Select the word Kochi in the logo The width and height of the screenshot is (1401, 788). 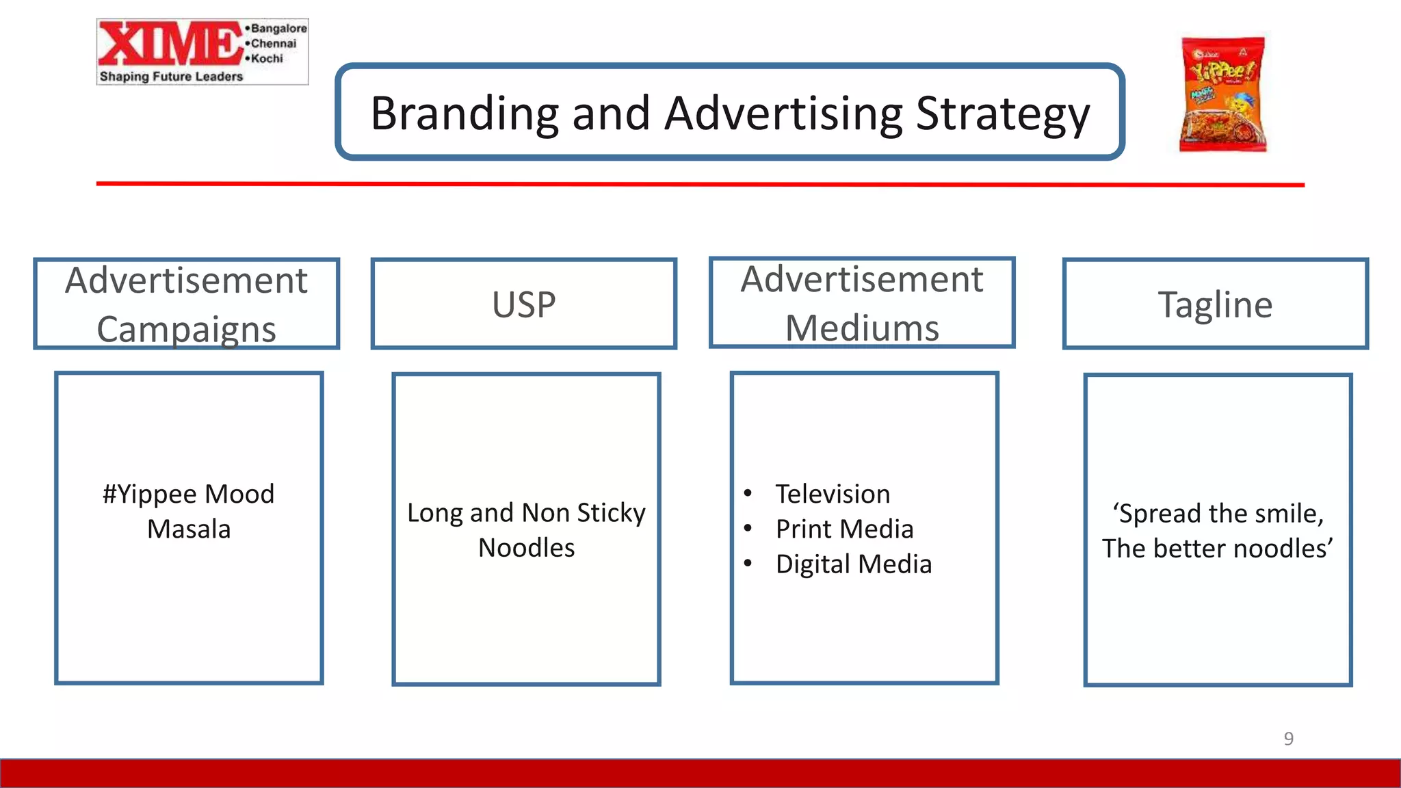point(267,59)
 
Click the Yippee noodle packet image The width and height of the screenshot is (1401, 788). point(1222,94)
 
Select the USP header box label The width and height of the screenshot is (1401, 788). point(524,304)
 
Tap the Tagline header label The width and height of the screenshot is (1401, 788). point(1215,304)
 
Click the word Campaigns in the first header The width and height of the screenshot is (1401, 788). point(186,330)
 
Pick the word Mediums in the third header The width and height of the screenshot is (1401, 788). point(862,328)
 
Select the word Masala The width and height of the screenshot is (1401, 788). point(189,529)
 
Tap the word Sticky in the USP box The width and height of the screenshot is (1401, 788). point(611,513)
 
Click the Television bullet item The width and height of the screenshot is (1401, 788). point(833,494)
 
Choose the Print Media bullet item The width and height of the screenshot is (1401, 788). point(844,529)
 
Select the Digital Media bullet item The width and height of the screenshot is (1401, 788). point(853,564)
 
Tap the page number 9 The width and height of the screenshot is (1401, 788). point(1288,739)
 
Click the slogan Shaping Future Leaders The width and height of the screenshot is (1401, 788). point(171,77)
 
